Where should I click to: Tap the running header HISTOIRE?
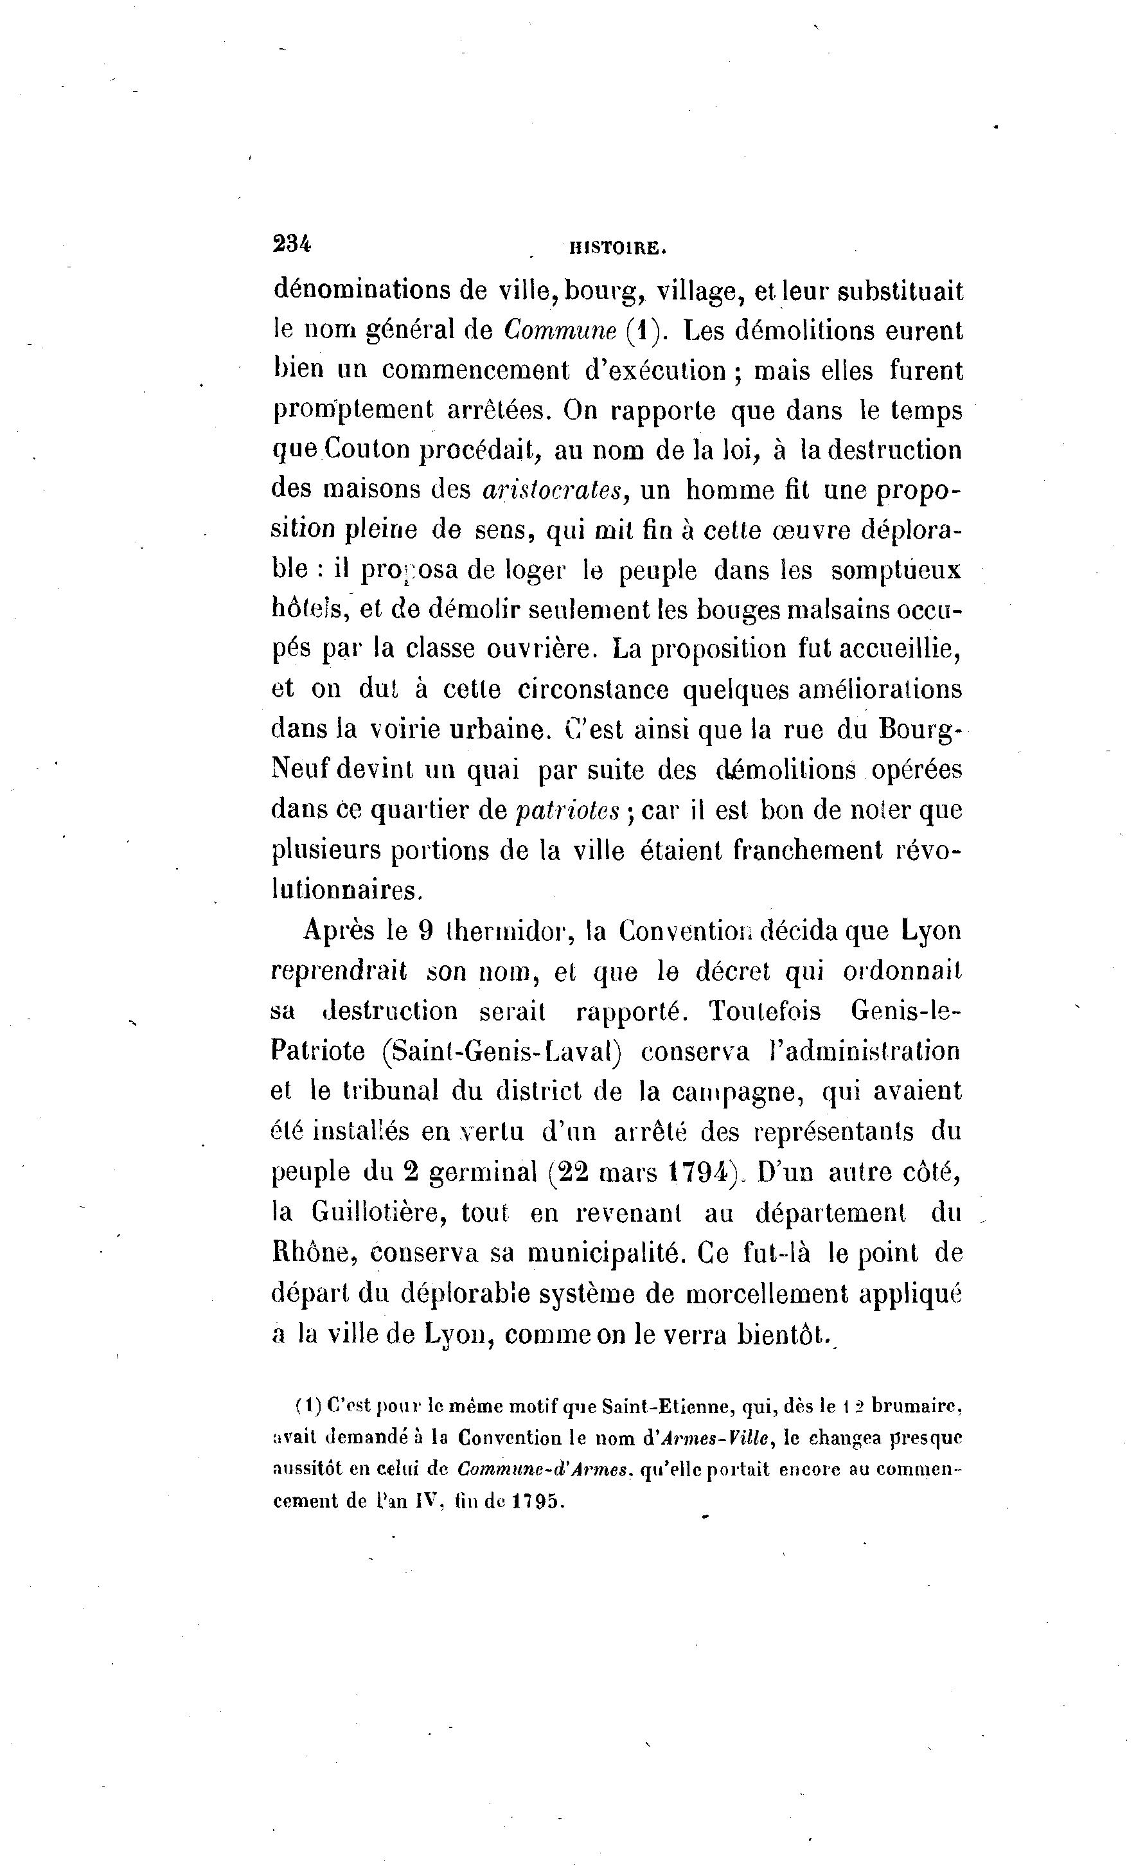[x=617, y=247]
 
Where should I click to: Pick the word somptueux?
[x=896, y=571]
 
